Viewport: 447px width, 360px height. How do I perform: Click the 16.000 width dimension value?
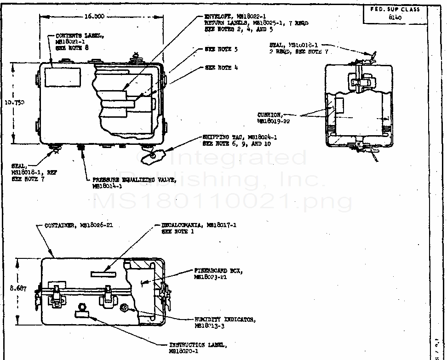point(95,16)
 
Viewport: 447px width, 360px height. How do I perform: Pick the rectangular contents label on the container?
point(63,76)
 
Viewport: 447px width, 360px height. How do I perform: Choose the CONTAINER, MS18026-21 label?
point(79,225)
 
